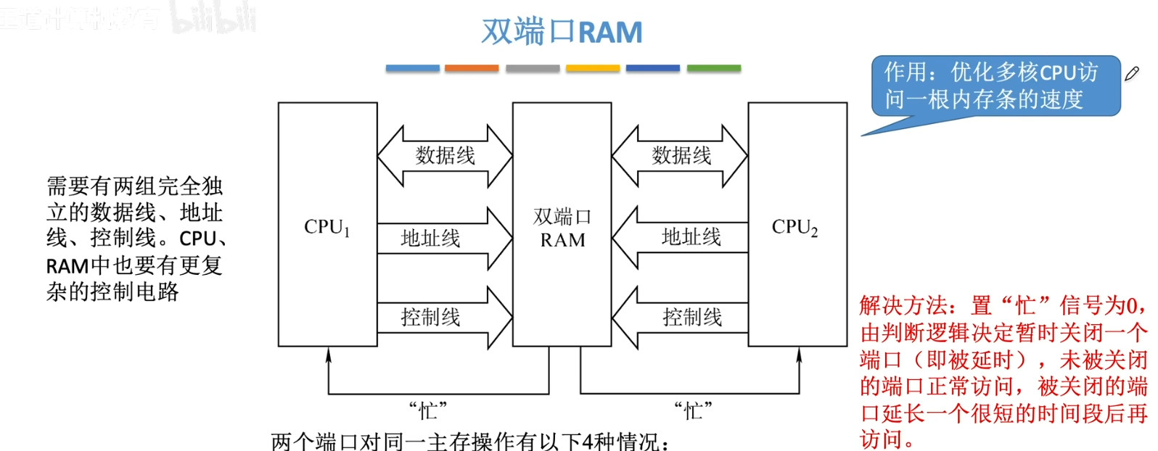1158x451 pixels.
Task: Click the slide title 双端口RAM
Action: (562, 32)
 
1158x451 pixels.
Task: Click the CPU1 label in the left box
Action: (327, 228)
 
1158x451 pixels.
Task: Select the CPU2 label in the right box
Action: (794, 228)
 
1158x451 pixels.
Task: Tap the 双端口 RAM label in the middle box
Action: (562, 228)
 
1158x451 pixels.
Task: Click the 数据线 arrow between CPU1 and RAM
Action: (445, 155)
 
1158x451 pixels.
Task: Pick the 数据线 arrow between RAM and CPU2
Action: (680, 155)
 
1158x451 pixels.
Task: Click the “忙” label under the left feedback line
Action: (428, 411)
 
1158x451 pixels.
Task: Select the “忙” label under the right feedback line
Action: (693, 411)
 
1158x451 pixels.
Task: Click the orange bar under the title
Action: (472, 68)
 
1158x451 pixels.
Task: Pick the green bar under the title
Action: (714, 68)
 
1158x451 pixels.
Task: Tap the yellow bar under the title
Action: (593, 68)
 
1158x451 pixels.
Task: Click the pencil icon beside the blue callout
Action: (1132, 73)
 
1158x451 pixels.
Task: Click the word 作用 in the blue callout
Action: (905, 73)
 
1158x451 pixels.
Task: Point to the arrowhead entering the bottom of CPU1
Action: (329, 354)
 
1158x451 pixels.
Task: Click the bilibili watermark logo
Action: (214, 18)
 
